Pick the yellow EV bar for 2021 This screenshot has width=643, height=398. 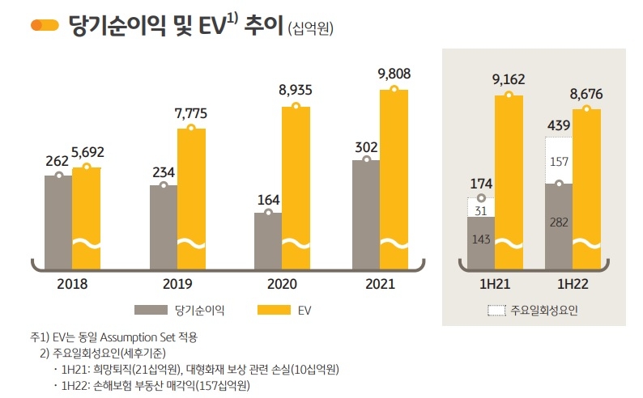(394, 178)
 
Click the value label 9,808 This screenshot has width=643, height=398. (394, 74)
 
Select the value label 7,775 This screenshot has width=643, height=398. (191, 112)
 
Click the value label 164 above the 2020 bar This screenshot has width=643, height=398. (267, 197)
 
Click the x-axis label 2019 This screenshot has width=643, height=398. (177, 284)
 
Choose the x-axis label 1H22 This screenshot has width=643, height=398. (573, 284)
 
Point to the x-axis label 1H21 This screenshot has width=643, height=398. (495, 284)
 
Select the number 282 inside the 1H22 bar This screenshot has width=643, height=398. (559, 222)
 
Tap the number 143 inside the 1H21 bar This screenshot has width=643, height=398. (481, 239)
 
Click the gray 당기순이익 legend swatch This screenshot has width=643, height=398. (150, 309)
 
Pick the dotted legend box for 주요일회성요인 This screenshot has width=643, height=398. (496, 309)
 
